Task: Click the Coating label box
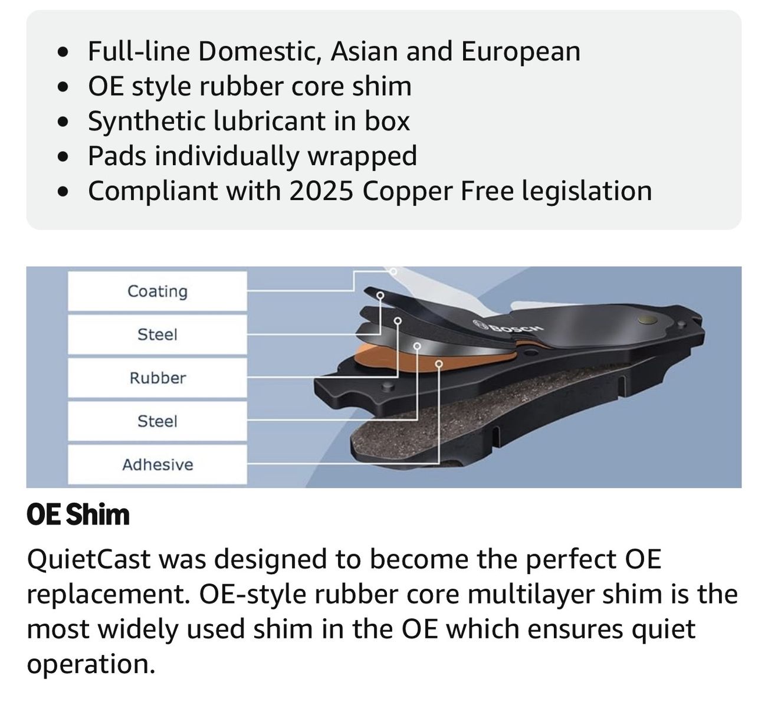[157, 291]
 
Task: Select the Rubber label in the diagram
[157, 378]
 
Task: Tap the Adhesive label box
[157, 464]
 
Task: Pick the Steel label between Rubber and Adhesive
[157, 421]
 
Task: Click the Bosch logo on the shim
[508, 326]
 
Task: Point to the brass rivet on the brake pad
[648, 320]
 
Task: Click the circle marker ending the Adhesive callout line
[439, 363]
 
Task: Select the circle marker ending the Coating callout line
[393, 271]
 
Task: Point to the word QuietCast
[88, 560]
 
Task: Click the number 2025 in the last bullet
[321, 191]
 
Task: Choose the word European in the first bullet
[521, 52]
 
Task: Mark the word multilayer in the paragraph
[531, 595]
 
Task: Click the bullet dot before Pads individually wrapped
[63, 156]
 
